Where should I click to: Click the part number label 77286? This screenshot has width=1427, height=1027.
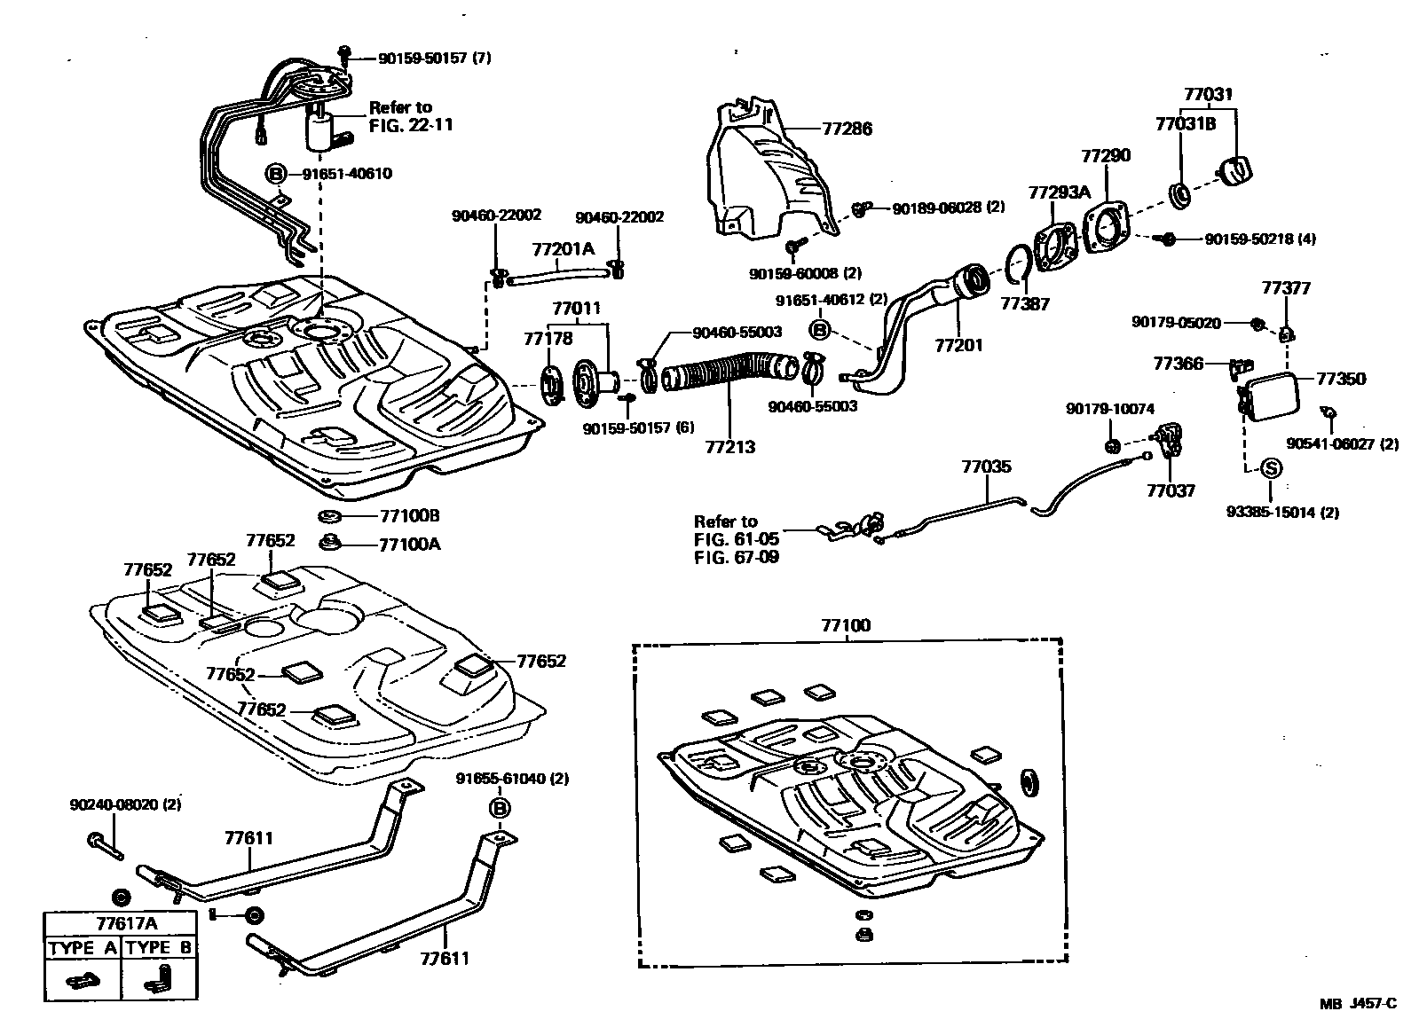847,129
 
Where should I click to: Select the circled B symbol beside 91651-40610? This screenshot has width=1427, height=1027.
276,173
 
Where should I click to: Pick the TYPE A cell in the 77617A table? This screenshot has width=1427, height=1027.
83,948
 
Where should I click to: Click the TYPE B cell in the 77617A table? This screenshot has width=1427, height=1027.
159,948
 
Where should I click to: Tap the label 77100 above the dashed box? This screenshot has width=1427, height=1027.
846,625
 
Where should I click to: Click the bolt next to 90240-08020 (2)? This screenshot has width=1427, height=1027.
103,843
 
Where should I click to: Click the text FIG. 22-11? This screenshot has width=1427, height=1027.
411,124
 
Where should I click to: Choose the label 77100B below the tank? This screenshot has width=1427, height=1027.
409,516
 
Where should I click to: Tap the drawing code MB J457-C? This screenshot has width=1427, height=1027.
1358,1004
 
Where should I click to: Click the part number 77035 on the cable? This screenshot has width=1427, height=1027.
986,466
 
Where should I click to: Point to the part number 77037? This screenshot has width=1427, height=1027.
1171,490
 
